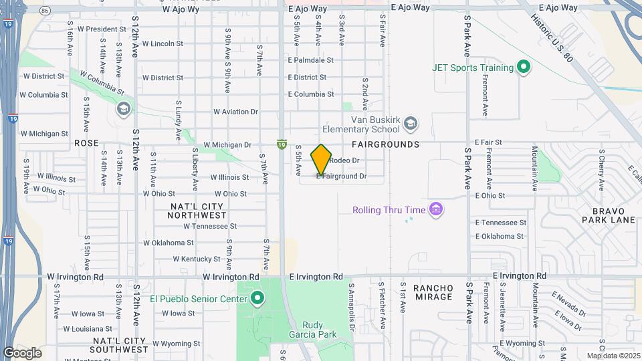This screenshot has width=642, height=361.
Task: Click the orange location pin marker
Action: point(322,160)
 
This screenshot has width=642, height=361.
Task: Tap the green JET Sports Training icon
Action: point(524,68)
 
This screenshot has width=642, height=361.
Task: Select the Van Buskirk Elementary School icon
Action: point(411,123)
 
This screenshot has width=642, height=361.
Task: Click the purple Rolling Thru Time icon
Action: point(436,210)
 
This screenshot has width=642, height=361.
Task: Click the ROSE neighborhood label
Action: point(86,143)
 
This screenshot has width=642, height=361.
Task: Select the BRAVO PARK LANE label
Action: point(608,214)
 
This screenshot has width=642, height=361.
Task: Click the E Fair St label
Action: point(488,142)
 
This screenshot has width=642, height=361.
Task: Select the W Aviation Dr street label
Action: point(235,112)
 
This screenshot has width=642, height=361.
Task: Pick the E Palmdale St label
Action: point(310,60)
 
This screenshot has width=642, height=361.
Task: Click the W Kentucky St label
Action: point(197,259)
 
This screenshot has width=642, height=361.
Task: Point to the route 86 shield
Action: point(45,11)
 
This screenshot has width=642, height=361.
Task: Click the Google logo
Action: point(22,353)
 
